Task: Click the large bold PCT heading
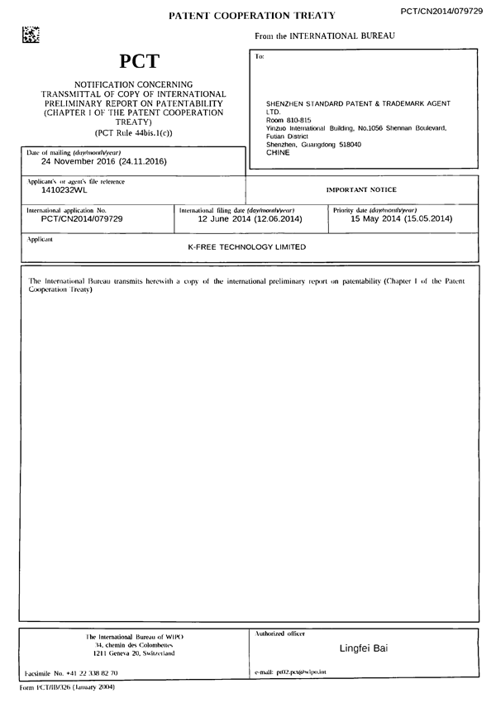[140, 61]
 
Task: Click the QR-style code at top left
[31, 35]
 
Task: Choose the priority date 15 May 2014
[402, 219]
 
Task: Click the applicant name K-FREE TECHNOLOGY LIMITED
[247, 247]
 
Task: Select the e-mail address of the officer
[291, 672]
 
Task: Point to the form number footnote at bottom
[67, 687]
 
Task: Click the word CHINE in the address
[279, 153]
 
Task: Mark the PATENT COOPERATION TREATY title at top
[252, 16]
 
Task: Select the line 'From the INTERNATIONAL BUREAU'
[325, 36]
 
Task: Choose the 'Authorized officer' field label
[280, 634]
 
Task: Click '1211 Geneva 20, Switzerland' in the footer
[134, 653]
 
